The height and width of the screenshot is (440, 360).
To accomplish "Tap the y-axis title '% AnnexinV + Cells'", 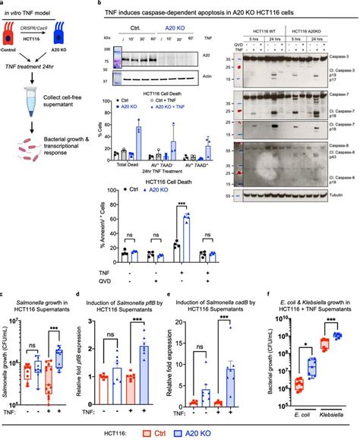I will click(x=91, y=227).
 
